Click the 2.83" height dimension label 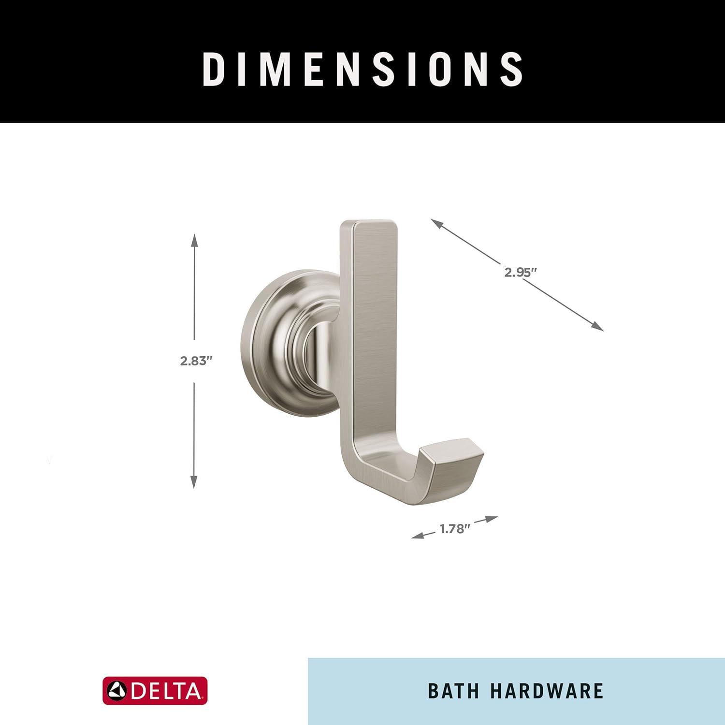[x=196, y=361]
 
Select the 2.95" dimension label [x=521, y=272]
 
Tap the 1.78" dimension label [x=455, y=529]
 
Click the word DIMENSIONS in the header [x=362, y=69]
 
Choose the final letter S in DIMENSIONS [x=511, y=69]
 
